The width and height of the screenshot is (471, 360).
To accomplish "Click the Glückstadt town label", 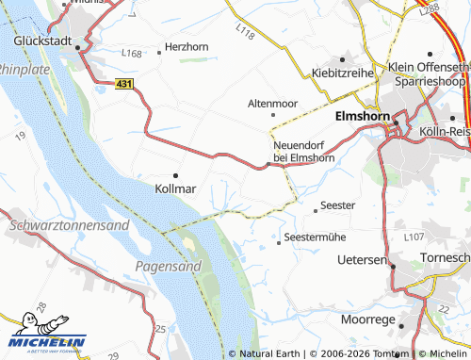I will [x=50, y=41].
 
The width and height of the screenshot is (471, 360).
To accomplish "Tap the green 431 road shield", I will [x=125, y=85].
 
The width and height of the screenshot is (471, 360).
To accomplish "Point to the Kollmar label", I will [x=174, y=188].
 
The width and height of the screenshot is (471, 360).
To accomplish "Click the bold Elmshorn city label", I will [x=363, y=118].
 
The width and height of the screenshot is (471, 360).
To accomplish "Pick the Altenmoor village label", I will [x=272, y=102].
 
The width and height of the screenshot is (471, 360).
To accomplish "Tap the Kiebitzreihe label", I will [x=342, y=73].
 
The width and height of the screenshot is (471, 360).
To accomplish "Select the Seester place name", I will [x=337, y=205].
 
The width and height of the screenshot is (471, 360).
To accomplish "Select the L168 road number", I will [x=132, y=54].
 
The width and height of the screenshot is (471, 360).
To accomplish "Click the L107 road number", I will [x=414, y=238].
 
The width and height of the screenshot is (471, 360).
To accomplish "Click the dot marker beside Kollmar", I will [x=175, y=175].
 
